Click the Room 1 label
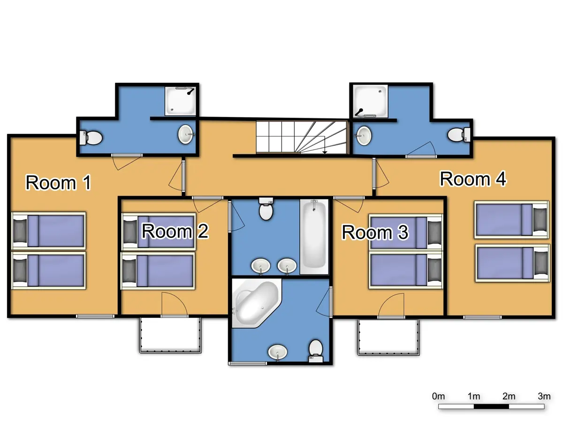click(58, 182)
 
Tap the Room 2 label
click(175, 231)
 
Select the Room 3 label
click(375, 232)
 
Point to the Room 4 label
click(473, 179)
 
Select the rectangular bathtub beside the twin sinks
click(314, 237)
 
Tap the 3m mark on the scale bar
click(544, 396)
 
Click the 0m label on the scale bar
click(439, 396)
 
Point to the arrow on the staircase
click(325, 151)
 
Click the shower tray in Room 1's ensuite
click(181, 100)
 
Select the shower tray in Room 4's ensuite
click(371, 100)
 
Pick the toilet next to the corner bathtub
click(316, 350)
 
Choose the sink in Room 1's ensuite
click(186, 134)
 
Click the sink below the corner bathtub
click(277, 352)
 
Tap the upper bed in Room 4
click(511, 219)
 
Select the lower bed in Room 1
click(48, 271)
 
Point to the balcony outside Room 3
click(388, 337)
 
